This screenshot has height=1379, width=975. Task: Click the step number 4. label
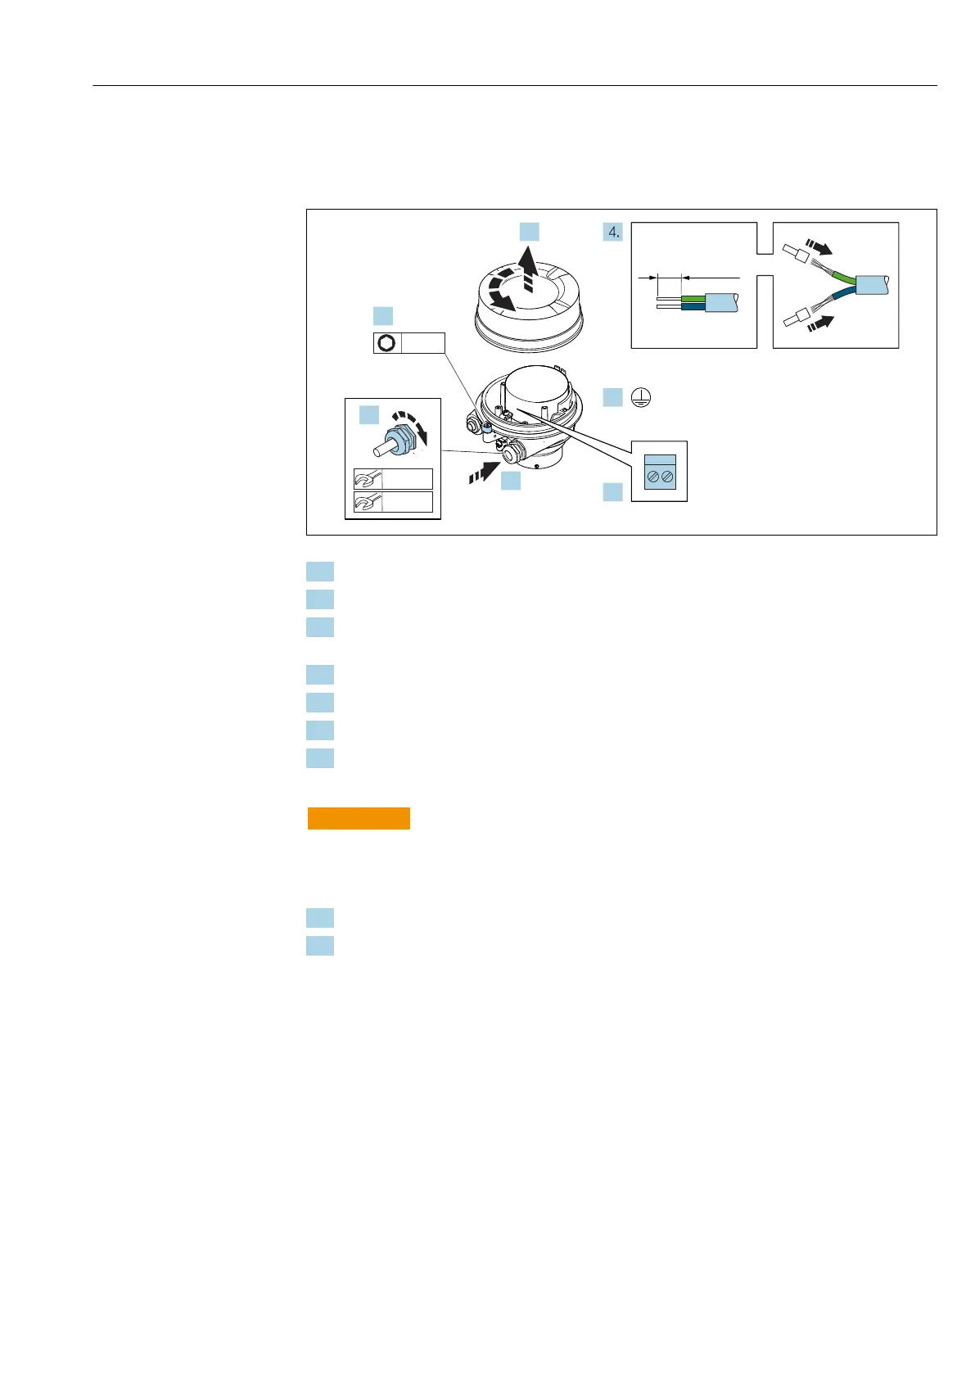[613, 232]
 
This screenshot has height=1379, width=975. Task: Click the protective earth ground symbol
[642, 398]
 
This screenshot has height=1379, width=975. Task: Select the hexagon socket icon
[386, 343]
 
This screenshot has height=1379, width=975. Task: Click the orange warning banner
[359, 818]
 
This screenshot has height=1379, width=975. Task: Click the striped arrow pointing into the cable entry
[483, 472]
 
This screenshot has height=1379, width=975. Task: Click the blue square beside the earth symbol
[612, 397]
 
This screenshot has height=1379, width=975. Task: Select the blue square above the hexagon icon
[382, 316]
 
